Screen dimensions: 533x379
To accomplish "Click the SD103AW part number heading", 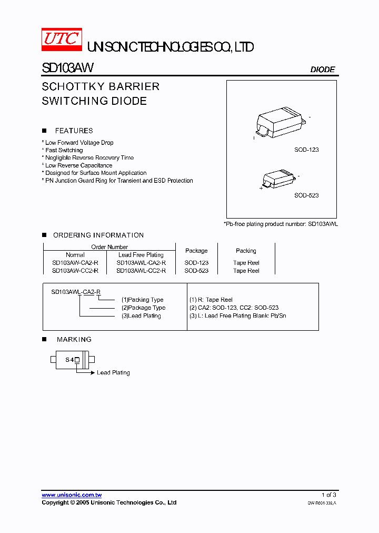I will tap(68, 68).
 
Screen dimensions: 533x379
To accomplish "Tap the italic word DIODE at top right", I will tap(322, 70).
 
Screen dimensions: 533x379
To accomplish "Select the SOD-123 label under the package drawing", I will tap(306, 150).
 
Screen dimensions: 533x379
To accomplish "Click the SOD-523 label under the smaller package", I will tap(306, 195).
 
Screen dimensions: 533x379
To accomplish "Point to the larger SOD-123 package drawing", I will tap(281, 123).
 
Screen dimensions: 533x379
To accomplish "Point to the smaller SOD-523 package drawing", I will tap(279, 176).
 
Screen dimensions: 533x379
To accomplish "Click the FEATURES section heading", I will tap(74, 131).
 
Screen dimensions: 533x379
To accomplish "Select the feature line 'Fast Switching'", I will tap(64, 150).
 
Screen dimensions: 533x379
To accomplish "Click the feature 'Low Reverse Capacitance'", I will tap(78, 165).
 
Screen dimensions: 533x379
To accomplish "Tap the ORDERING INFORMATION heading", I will tap(98, 235).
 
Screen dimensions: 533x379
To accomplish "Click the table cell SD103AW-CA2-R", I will tap(75, 263).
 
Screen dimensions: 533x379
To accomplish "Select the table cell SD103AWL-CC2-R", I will tap(141, 271).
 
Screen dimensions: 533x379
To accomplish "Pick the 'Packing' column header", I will tap(246, 251).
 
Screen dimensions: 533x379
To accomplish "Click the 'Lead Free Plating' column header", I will tap(141, 255).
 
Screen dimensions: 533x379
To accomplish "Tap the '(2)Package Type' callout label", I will tap(143, 308).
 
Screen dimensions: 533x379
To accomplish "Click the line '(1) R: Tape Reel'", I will tap(211, 300).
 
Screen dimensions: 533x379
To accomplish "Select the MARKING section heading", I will tap(74, 340).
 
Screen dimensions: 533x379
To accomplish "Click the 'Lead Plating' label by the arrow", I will tap(113, 373).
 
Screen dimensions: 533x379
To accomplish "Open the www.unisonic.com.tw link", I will tap(72, 495).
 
